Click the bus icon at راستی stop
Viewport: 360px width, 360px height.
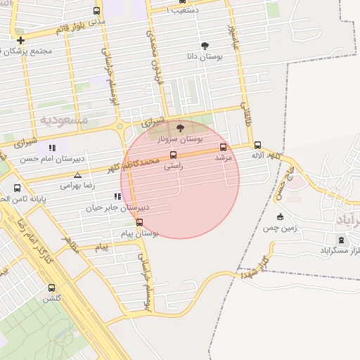(x=173, y=155)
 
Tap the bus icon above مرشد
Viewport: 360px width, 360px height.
(x=223, y=147)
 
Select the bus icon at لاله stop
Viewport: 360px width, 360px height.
(x=257, y=145)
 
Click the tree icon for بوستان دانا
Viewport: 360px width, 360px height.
(x=204, y=45)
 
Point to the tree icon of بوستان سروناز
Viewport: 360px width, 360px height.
(x=180, y=129)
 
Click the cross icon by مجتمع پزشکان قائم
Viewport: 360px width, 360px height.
(x=21, y=40)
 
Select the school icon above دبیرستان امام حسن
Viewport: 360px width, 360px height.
(x=52, y=148)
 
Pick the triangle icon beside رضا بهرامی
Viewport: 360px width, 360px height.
(x=77, y=175)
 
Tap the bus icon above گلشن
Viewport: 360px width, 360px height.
(x=51, y=288)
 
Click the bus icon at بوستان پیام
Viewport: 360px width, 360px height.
(x=139, y=222)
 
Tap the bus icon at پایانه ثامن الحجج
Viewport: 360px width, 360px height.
(x=18, y=188)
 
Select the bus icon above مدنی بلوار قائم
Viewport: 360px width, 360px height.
(x=96, y=11)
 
